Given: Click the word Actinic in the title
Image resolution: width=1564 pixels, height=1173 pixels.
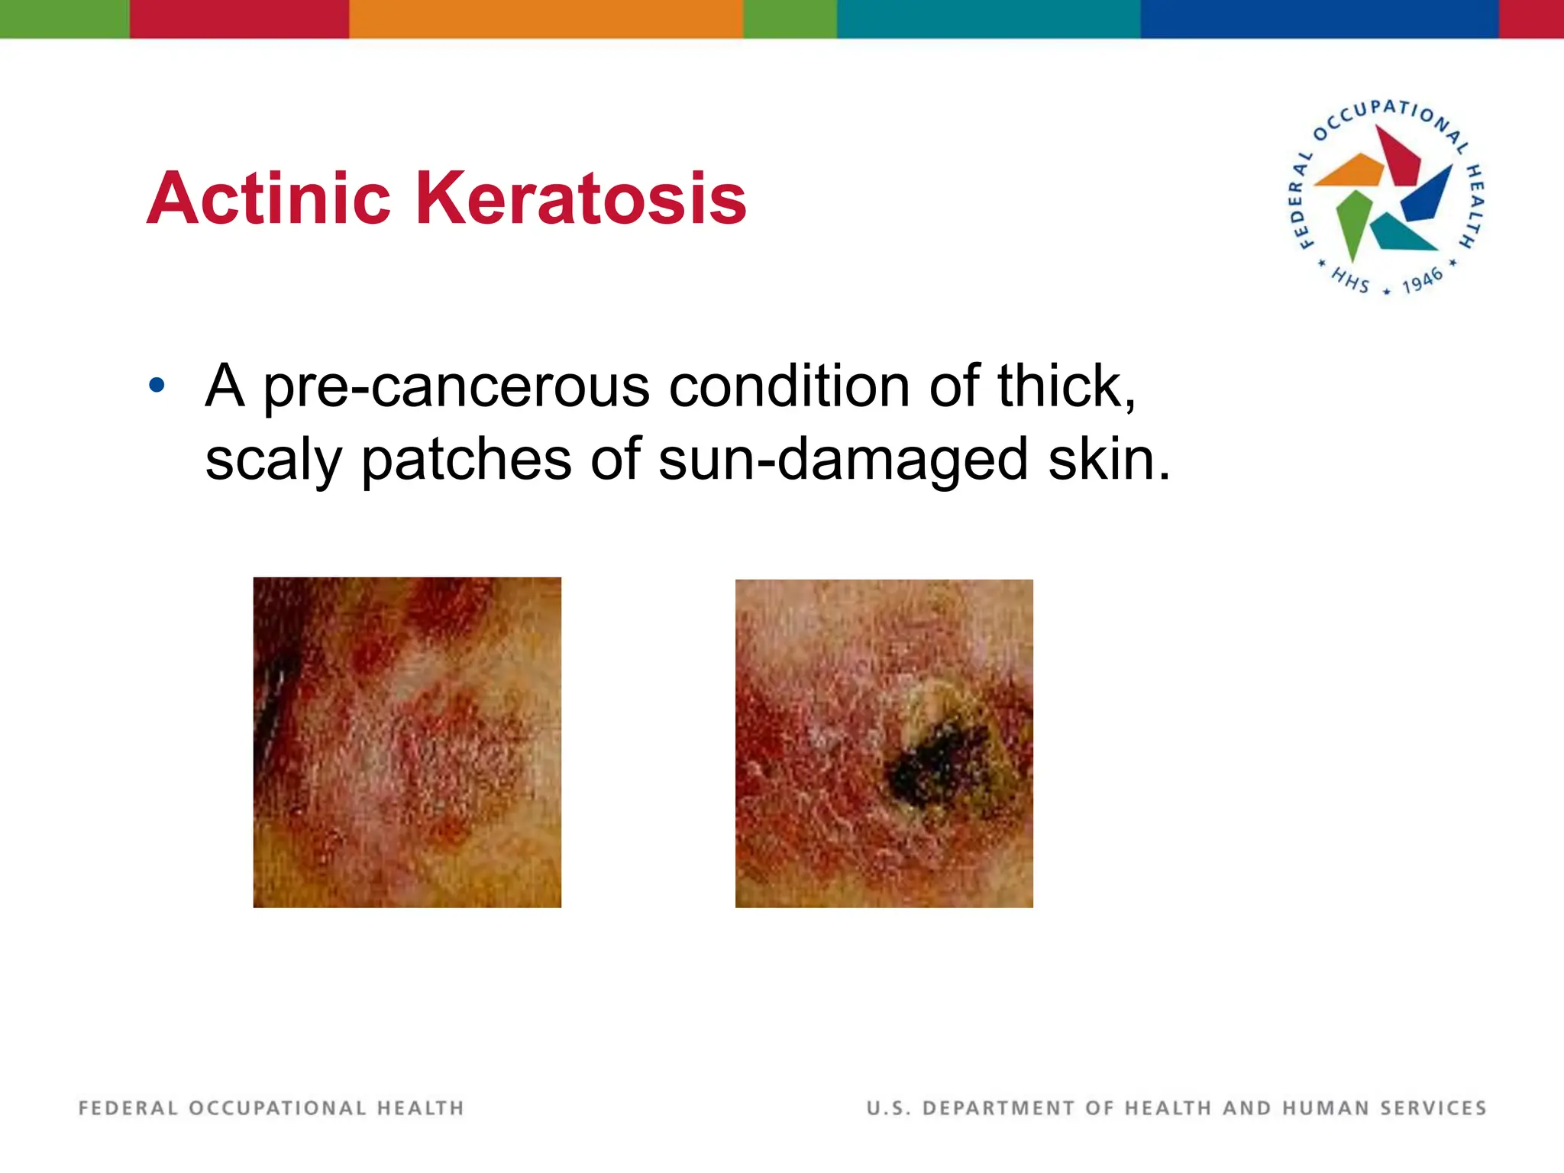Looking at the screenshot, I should coord(269,199).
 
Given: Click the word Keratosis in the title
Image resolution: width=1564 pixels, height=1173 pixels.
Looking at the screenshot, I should coord(580,199).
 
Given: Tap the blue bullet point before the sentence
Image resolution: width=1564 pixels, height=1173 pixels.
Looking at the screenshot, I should coord(157,385).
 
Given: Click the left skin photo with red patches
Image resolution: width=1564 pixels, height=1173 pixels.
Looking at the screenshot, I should coord(407,742).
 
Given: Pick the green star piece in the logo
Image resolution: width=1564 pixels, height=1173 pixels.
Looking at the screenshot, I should coord(1353,219).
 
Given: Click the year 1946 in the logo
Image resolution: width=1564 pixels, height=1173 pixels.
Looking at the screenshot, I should coord(1422,280).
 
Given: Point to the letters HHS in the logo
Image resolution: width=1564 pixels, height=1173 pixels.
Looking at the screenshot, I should coord(1350,280).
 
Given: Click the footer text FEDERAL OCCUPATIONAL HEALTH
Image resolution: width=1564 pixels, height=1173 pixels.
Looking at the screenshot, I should coord(271,1108).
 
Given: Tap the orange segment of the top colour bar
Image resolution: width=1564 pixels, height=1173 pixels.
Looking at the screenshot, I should coord(545,18).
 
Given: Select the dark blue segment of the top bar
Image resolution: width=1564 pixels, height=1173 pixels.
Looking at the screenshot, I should coord(1319,18).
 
